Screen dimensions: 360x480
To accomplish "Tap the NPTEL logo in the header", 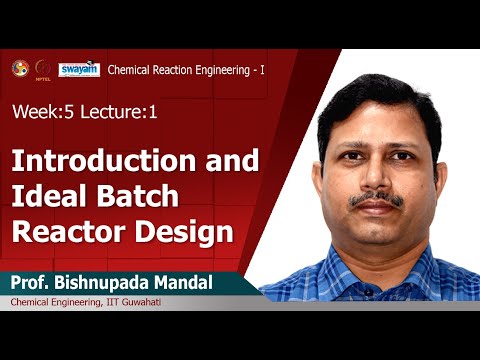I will (x=43, y=68).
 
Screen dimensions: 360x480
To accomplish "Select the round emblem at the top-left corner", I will (x=19, y=67).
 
